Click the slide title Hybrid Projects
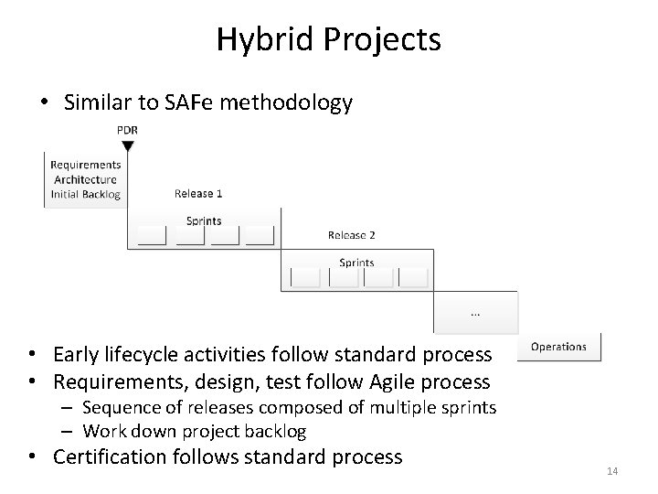point(328,39)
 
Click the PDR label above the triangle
point(128,130)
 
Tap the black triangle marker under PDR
point(128,145)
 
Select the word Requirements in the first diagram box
point(85,165)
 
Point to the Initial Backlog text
point(85,194)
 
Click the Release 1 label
point(198,194)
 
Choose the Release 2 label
point(352,235)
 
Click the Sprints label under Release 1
point(203,220)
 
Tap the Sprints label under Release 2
point(356,263)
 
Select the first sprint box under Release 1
point(151,236)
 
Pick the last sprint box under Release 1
point(260,236)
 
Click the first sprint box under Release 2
point(304,277)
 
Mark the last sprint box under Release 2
point(413,277)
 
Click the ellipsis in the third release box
point(474,313)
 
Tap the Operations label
point(558,347)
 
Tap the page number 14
point(612,471)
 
